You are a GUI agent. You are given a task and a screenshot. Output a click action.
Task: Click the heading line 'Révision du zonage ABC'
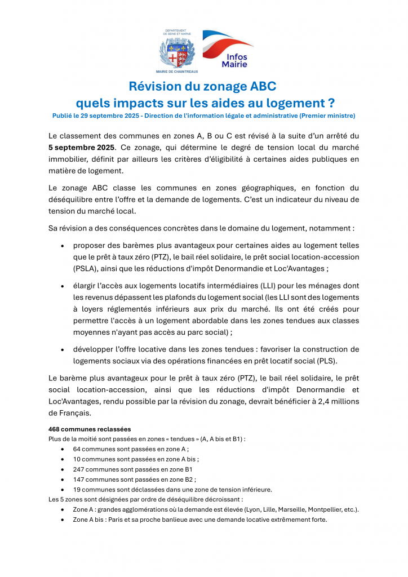pos(203,87)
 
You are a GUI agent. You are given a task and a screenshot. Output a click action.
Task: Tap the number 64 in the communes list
pos(77,449)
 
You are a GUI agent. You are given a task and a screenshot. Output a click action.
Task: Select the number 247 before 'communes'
pos(79,469)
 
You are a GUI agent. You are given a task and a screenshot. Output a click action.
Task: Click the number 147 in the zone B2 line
pos(79,479)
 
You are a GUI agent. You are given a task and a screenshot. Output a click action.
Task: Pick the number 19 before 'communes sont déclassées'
pos(77,489)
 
